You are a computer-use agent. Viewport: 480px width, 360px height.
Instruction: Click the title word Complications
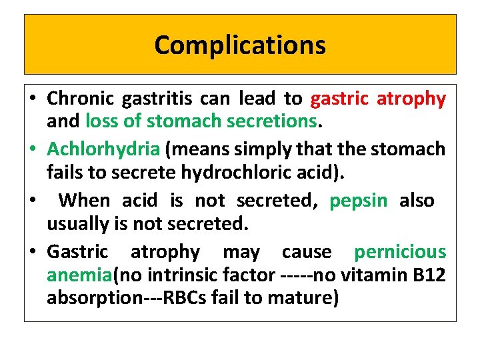click(240, 45)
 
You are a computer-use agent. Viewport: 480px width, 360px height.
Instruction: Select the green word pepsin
click(358, 200)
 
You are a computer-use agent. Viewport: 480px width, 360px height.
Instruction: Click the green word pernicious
click(400, 251)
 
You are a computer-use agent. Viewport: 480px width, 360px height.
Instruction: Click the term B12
click(429, 274)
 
